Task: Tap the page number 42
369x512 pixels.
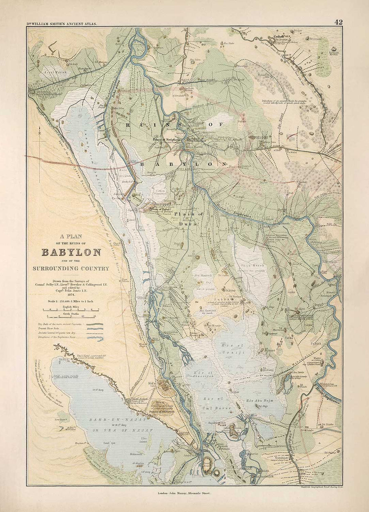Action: click(x=338, y=22)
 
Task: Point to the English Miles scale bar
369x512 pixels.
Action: click(x=72, y=310)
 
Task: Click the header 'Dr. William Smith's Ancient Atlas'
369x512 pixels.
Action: click(x=62, y=24)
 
